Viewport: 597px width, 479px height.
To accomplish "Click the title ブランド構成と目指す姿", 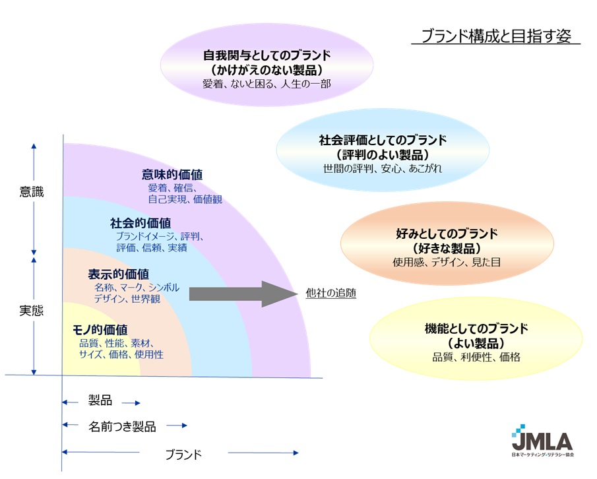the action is coord(496,36).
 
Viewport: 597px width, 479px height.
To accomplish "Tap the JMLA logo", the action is coord(542,441).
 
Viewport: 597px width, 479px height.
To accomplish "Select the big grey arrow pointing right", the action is coord(243,294).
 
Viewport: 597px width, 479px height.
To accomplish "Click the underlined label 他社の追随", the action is coord(331,293).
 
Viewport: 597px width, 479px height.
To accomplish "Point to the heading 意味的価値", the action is coord(172,174).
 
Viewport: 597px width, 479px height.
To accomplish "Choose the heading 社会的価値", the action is coord(141,223).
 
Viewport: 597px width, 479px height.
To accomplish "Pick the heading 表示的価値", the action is coord(118,274).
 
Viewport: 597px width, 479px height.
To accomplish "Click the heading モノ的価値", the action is coord(100,330).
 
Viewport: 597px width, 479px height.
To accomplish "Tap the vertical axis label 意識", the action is coord(32,191).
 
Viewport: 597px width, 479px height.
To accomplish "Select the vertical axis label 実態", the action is coord(32,311).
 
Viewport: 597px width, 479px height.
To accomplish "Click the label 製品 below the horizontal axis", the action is coord(100,400).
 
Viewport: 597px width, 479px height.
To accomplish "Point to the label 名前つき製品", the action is coord(122,426).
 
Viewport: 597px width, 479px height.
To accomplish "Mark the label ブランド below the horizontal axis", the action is coord(183,454).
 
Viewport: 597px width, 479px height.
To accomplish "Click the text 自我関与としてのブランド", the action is coord(267,55).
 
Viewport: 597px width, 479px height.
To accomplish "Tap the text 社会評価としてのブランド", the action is coord(383,140).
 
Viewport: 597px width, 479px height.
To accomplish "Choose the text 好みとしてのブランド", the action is coord(447,234).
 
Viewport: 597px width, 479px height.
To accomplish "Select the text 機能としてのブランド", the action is coord(476,328).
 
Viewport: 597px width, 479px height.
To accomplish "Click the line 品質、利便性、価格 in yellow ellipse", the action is coord(476,357).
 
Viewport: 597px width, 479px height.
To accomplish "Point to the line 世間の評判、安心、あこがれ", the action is coord(383,168).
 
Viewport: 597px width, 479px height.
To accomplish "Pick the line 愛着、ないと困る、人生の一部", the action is coord(267,83).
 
